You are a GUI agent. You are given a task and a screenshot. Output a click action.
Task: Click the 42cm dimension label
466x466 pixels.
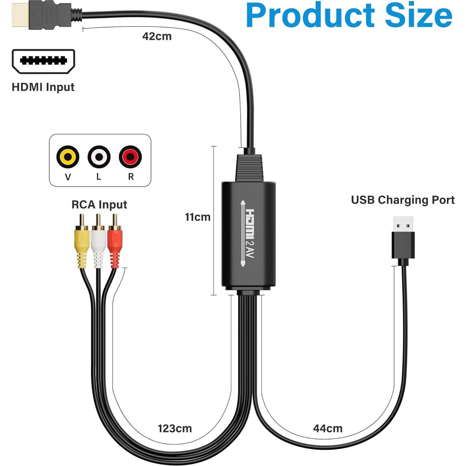click(157, 36)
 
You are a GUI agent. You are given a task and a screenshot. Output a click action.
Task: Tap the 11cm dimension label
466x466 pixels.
click(197, 217)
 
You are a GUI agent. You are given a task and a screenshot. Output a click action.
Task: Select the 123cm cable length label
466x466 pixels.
click(175, 429)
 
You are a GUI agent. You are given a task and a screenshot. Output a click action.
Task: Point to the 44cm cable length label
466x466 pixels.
click(327, 429)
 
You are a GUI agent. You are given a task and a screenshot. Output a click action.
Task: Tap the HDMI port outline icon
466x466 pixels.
click(43, 61)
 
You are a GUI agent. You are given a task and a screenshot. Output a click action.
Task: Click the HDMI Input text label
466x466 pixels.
click(43, 87)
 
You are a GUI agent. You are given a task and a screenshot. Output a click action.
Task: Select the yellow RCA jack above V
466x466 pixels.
click(68, 157)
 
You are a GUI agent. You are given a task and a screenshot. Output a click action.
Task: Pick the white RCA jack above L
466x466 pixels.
click(99, 157)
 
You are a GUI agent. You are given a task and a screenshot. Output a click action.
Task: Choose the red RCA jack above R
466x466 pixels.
click(130, 157)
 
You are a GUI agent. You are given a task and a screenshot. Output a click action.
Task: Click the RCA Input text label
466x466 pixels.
click(99, 205)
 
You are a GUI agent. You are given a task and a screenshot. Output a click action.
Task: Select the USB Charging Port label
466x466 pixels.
click(402, 200)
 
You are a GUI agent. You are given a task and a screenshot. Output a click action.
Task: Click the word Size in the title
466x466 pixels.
click(418, 16)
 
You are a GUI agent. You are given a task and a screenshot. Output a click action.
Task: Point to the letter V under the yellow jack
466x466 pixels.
click(68, 177)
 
